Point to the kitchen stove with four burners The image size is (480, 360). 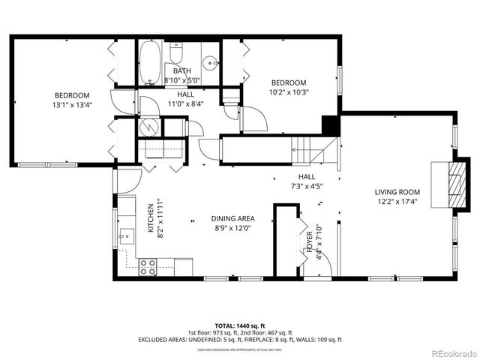148,265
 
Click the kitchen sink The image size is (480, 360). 124,235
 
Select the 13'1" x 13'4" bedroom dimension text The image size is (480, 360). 72,106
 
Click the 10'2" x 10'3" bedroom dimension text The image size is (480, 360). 289,92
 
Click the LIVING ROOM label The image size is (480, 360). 397,192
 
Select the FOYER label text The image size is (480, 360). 309,244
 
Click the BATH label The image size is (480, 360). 182,71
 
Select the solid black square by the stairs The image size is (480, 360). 329,124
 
